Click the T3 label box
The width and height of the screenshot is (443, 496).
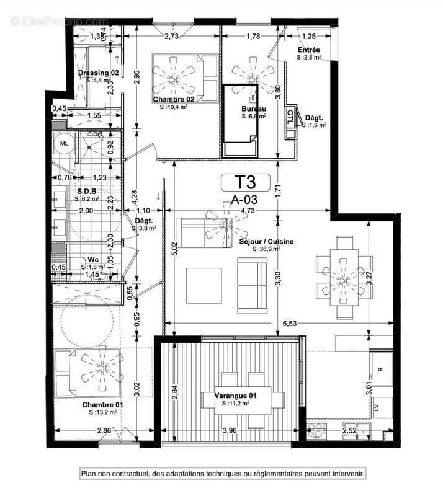coord(246,183)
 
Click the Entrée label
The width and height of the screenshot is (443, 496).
coord(308,50)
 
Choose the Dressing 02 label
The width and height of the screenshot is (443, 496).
coord(98,73)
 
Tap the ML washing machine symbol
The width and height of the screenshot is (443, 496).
coord(64,144)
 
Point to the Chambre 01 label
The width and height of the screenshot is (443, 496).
coord(102,404)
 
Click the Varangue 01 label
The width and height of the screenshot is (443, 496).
coord(235,396)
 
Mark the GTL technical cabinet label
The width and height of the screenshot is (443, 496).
coord(290,115)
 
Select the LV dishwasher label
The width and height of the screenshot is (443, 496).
coord(376,407)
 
